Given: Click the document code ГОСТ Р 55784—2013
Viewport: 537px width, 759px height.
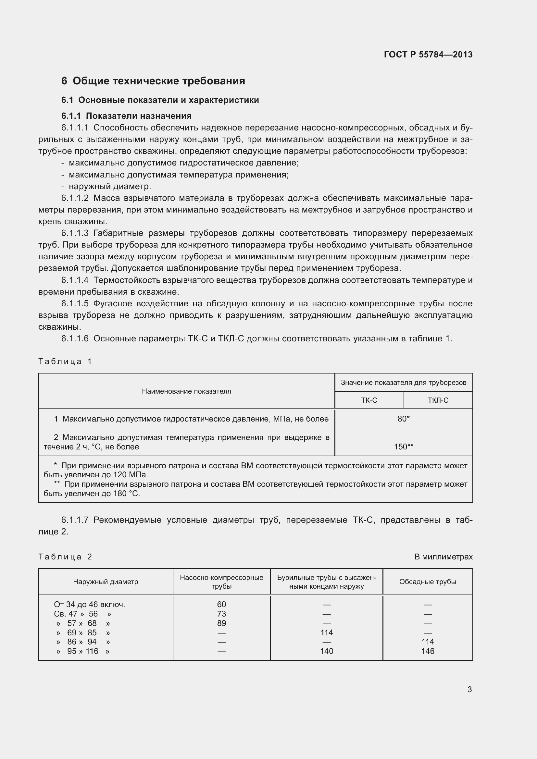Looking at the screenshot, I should (428, 55).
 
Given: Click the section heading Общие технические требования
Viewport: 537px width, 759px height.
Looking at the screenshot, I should (158, 81).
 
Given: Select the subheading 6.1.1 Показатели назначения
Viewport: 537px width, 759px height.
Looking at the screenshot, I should (126, 116).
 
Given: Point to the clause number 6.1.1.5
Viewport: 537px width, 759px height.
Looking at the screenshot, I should (75, 303).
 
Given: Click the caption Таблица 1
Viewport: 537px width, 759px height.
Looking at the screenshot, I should (65, 361).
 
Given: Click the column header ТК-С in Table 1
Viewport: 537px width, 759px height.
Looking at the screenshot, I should (369, 400).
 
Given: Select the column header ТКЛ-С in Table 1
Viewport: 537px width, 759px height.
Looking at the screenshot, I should (438, 400).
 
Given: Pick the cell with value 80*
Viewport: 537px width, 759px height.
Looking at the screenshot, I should (404, 419).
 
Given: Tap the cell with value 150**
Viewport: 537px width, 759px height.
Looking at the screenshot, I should (404, 447).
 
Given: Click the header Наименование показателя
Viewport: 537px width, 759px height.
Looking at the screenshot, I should (186, 391).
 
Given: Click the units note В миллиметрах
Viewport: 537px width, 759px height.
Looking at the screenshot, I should (443, 557).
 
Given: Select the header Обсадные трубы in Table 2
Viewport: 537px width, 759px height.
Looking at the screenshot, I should (428, 582).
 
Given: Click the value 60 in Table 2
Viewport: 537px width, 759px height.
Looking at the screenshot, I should (221, 604).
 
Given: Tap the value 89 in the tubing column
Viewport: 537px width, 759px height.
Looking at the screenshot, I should (221, 623).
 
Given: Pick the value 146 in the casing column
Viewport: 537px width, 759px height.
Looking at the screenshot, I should (428, 651).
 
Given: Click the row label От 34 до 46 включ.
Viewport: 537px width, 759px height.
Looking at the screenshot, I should (89, 604).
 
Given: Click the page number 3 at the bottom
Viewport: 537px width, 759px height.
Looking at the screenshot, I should (469, 689).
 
